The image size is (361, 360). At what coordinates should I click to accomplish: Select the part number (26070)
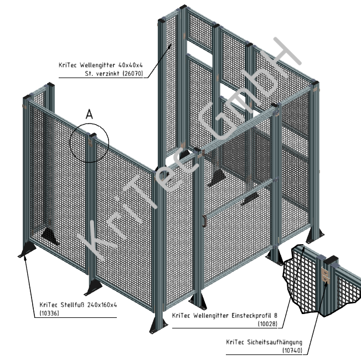[x=132, y=74]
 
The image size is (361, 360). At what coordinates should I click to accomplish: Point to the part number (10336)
[x=50, y=313]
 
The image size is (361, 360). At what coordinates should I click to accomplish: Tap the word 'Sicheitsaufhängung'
[x=275, y=342]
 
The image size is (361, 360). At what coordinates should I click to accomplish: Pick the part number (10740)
[x=292, y=351]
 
